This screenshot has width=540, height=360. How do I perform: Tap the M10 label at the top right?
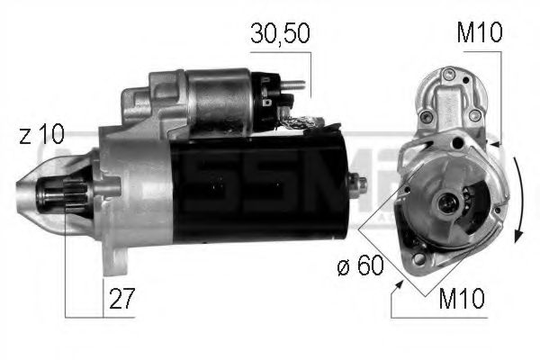click(x=479, y=34)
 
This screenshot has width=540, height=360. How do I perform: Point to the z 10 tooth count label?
click(x=41, y=137)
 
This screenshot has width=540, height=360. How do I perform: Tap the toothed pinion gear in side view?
click(x=75, y=196)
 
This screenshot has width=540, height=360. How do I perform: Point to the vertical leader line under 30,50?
click(x=310, y=72)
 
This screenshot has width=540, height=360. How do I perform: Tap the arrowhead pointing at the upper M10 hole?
click(x=493, y=143)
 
